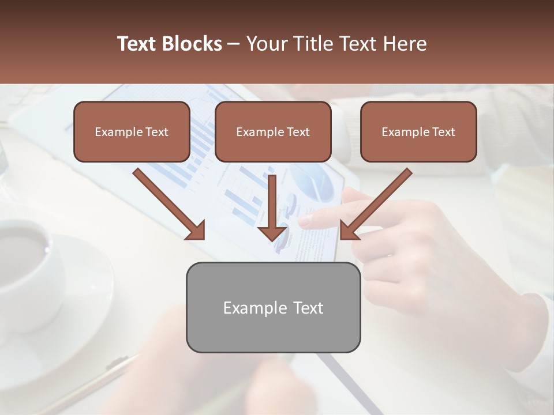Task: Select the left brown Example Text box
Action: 132,132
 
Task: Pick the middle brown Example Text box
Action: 273,132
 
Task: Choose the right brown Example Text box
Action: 418,132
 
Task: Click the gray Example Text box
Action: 273,307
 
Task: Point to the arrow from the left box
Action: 167,202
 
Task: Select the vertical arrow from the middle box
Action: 272,207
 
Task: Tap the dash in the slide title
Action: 234,44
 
